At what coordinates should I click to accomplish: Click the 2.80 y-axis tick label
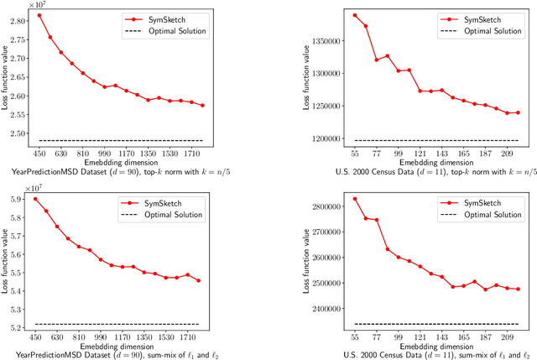point(20,16)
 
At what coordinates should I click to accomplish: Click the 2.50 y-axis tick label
point(20,133)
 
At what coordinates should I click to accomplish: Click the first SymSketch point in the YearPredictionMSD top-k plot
point(39,15)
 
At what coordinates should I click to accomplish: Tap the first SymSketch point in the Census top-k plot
point(331,15)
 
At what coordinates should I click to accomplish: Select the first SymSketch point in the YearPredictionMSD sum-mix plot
point(35,199)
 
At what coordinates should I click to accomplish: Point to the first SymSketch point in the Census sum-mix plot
point(331,199)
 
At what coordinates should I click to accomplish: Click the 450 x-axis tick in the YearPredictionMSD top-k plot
point(39,154)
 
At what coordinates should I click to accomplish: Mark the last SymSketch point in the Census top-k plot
point(518,112)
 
